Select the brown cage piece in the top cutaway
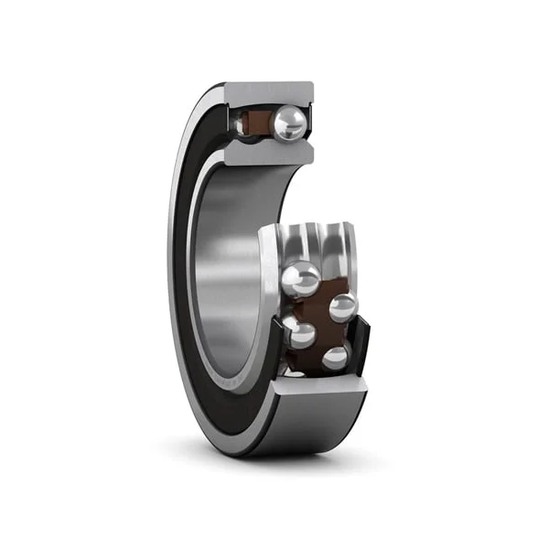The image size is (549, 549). [x=268, y=123]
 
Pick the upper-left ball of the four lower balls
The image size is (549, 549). [x=302, y=279]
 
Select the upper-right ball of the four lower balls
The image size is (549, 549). [x=343, y=308]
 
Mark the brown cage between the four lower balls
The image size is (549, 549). [x=320, y=320]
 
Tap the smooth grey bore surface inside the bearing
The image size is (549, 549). [x=229, y=274]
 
